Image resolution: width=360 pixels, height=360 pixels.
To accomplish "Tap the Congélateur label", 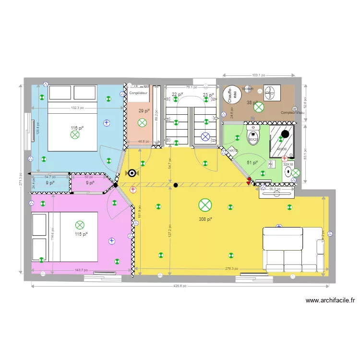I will tap(138, 92).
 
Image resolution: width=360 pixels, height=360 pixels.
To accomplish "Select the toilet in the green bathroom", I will tap(252, 136).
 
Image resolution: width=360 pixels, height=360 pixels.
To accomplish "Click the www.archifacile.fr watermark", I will tap(330, 301).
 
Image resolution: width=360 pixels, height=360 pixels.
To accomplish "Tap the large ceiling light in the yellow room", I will tap(205, 205).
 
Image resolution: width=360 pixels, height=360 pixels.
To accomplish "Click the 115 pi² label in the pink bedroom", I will tap(81, 234).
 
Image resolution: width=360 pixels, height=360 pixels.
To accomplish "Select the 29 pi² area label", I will tap(144, 111).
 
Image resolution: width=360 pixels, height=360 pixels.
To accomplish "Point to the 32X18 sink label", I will tap(288, 164).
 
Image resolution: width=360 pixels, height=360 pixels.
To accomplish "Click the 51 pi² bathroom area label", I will tap(252, 162).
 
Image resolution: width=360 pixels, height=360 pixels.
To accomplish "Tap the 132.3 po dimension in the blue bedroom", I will tap(77, 108).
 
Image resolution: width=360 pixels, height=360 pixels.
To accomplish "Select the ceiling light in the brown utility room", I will tap(259, 107).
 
